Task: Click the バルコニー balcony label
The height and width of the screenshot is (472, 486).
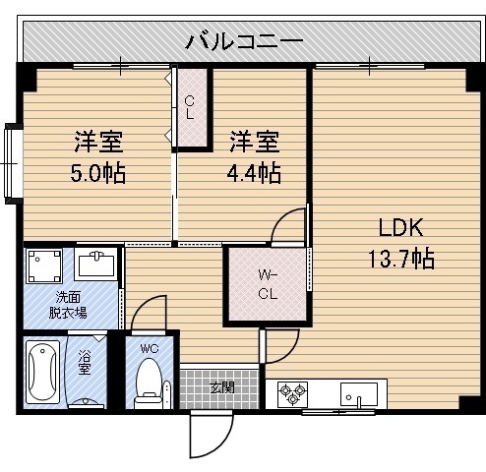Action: click(244, 42)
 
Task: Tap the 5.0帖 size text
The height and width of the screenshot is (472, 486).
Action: click(97, 174)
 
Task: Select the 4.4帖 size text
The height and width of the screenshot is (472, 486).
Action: click(254, 174)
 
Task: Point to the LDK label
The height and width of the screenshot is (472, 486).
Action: click(400, 227)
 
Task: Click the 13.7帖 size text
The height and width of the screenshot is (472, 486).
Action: click(401, 259)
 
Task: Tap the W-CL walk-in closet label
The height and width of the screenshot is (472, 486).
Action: click(268, 284)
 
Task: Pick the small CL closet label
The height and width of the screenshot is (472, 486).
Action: click(190, 107)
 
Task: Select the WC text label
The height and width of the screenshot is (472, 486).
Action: click(150, 348)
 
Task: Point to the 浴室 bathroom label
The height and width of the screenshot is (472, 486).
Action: click(85, 362)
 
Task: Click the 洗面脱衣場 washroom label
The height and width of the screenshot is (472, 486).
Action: click(68, 305)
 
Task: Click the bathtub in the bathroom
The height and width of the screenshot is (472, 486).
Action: click(42, 373)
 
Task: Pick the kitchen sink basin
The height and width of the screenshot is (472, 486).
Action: click(359, 393)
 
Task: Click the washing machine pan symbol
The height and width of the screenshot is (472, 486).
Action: click(44, 265)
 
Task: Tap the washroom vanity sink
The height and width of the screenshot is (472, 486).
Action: click(95, 265)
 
